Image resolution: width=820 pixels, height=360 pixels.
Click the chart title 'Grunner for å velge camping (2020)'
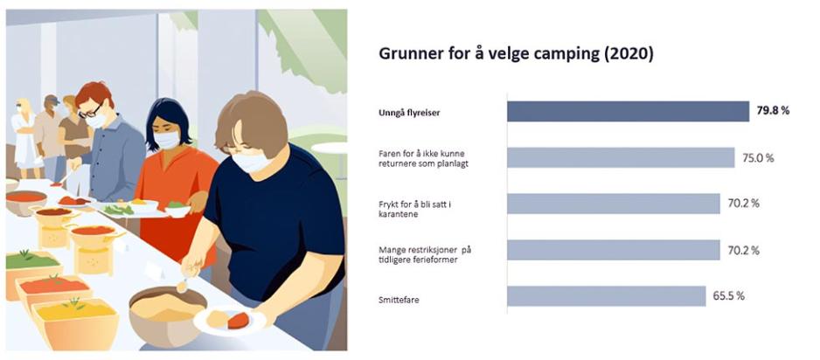tap(516, 55)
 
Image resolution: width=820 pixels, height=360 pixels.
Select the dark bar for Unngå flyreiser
tap(628, 111)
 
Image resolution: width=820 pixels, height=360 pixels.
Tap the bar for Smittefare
tap(607, 295)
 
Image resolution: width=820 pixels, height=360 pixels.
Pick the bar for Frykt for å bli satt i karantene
tap(614, 204)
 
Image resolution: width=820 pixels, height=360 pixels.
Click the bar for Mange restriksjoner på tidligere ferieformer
tap(614, 250)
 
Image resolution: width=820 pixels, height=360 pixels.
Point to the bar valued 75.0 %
tap(621, 157)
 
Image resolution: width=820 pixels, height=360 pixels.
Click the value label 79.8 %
tap(773, 111)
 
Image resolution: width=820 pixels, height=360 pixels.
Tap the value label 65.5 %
tap(729, 295)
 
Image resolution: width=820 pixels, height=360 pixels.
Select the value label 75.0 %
tap(758, 157)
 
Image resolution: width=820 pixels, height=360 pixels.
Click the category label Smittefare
tap(399, 301)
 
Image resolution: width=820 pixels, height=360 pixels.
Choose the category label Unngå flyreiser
tap(409, 113)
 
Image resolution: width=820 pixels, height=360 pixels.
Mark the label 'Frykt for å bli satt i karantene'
tap(414, 209)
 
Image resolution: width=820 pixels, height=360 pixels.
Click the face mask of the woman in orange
tap(167, 140)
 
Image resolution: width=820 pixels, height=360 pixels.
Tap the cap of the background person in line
tap(52, 100)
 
